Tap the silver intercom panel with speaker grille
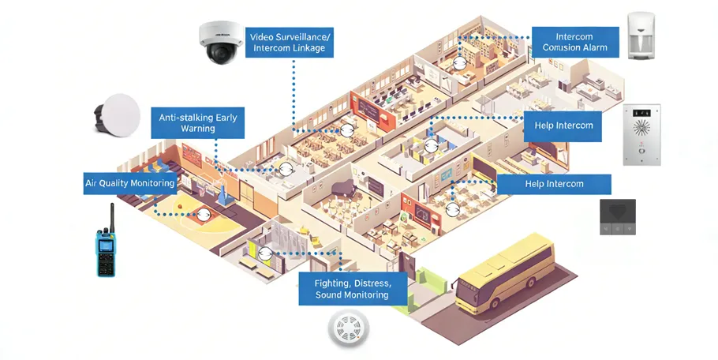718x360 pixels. point(641,135)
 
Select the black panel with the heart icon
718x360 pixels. point(617,216)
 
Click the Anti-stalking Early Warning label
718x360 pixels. point(197,122)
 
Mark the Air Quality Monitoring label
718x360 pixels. point(129,184)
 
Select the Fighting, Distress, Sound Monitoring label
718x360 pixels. point(352,288)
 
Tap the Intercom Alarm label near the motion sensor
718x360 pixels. point(573,42)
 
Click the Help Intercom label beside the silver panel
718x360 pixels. point(563,126)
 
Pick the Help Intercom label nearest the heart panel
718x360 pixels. point(554,184)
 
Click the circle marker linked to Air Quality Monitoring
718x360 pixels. point(204,214)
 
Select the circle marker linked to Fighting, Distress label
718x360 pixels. point(266,253)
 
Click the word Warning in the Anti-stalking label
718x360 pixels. point(197,129)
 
